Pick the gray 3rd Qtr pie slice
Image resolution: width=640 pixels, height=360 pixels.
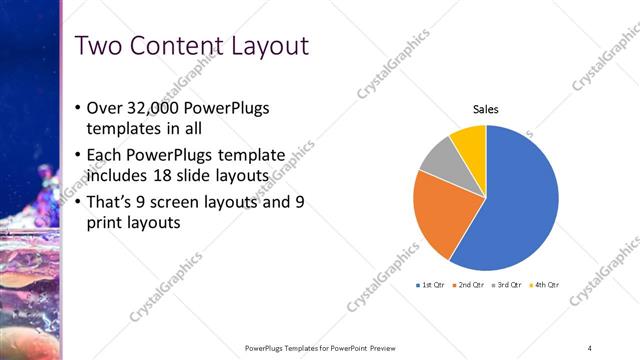click(440, 155)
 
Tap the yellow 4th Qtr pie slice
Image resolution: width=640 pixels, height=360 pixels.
click(470, 140)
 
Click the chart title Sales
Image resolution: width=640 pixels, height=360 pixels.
click(486, 109)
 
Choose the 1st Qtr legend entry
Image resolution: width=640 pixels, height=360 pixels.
click(431, 285)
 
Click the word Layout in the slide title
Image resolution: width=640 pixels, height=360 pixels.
click(268, 46)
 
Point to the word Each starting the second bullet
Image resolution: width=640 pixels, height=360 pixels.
click(105, 155)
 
